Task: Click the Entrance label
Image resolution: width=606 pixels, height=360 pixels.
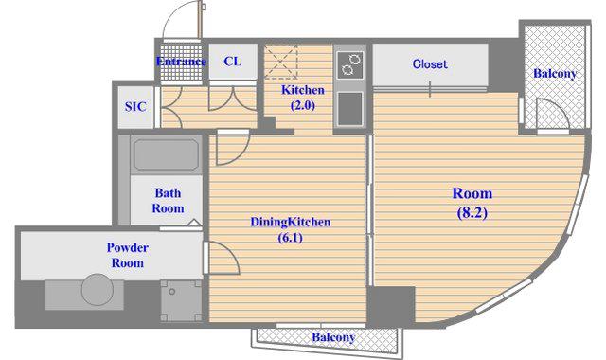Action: pyautogui.click(x=181, y=62)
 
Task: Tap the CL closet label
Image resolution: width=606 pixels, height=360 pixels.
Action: pyautogui.click(x=233, y=61)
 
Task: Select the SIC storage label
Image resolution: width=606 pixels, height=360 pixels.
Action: pyautogui.click(x=135, y=107)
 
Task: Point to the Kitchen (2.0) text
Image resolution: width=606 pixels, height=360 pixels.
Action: pyautogui.click(x=303, y=98)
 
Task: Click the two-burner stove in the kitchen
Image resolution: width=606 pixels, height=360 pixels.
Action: pyautogui.click(x=350, y=64)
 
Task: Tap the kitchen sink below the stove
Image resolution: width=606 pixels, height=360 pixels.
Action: pyautogui.click(x=350, y=109)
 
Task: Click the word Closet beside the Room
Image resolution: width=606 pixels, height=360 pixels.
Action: pyautogui.click(x=430, y=64)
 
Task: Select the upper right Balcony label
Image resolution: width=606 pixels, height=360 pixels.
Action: pyautogui.click(x=555, y=74)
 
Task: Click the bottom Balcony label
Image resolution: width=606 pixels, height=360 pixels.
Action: pyautogui.click(x=333, y=337)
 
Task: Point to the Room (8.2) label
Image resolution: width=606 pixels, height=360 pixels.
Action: pyautogui.click(x=472, y=203)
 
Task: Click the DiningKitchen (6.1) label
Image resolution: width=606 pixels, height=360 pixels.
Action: pyautogui.click(x=291, y=229)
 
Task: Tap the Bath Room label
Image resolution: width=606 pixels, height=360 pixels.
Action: pyautogui.click(x=168, y=200)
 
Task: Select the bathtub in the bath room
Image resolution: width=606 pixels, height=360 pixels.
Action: pyautogui.click(x=167, y=154)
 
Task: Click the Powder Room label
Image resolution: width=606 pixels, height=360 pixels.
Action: pyautogui.click(x=128, y=255)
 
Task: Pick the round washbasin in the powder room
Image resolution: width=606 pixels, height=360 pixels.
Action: pyautogui.click(x=98, y=290)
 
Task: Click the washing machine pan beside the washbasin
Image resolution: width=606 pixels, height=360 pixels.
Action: pyautogui.click(x=181, y=300)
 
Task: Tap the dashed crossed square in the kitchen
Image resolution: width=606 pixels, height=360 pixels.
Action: pyautogui.click(x=281, y=62)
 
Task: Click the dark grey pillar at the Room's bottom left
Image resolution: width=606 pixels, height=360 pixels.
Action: pyautogui.click(x=391, y=306)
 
